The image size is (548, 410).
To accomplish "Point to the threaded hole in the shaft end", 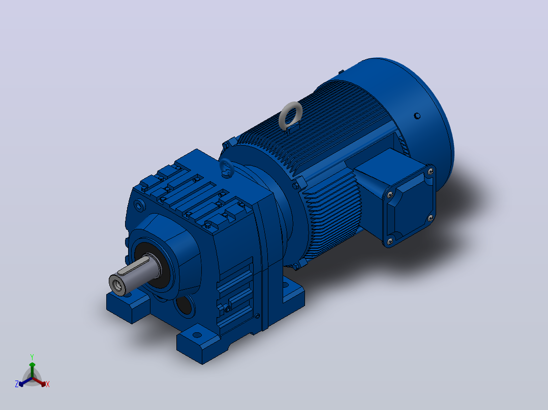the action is click(118, 286).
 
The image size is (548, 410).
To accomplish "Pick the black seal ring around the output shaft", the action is click(154, 265).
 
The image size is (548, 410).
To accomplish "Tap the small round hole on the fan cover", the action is click(417, 116).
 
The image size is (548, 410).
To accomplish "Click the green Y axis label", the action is click(32, 357).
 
